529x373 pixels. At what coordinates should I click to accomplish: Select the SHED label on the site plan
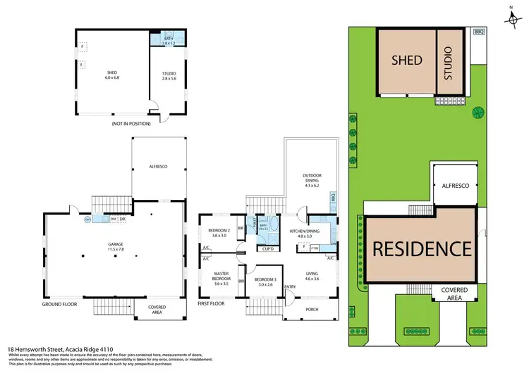tap(406, 61)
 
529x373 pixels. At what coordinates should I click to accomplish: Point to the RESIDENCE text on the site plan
tap(421, 248)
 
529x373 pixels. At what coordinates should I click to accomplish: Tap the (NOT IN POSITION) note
tap(130, 124)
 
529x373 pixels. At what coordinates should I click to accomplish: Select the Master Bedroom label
tap(221, 277)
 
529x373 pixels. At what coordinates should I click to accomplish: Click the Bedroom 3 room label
tap(265, 282)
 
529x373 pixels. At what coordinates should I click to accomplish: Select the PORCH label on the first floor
tap(310, 308)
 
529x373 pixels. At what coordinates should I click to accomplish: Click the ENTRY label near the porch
tap(290, 287)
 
